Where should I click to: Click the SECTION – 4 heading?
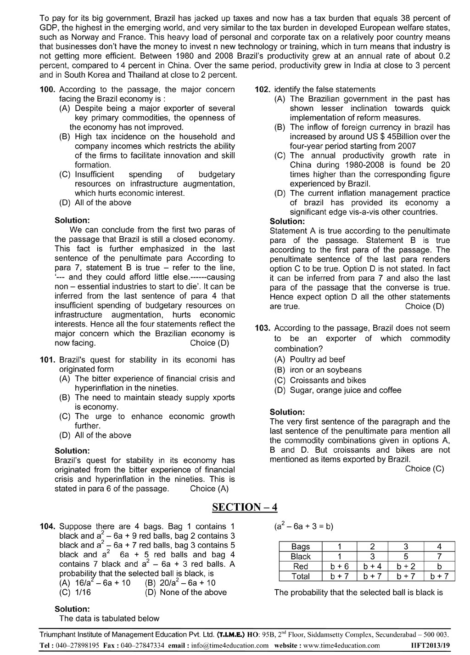click(x=245, y=507)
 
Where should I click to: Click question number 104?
click(x=48, y=527)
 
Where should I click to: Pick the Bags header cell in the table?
click(x=301, y=547)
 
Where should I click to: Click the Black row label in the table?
click(x=301, y=557)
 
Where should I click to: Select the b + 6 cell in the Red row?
click(x=340, y=567)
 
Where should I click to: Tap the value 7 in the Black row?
click(x=439, y=557)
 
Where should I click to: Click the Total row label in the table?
click(x=301, y=576)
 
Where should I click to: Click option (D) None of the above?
click(x=185, y=592)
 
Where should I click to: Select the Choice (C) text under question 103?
click(x=425, y=469)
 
